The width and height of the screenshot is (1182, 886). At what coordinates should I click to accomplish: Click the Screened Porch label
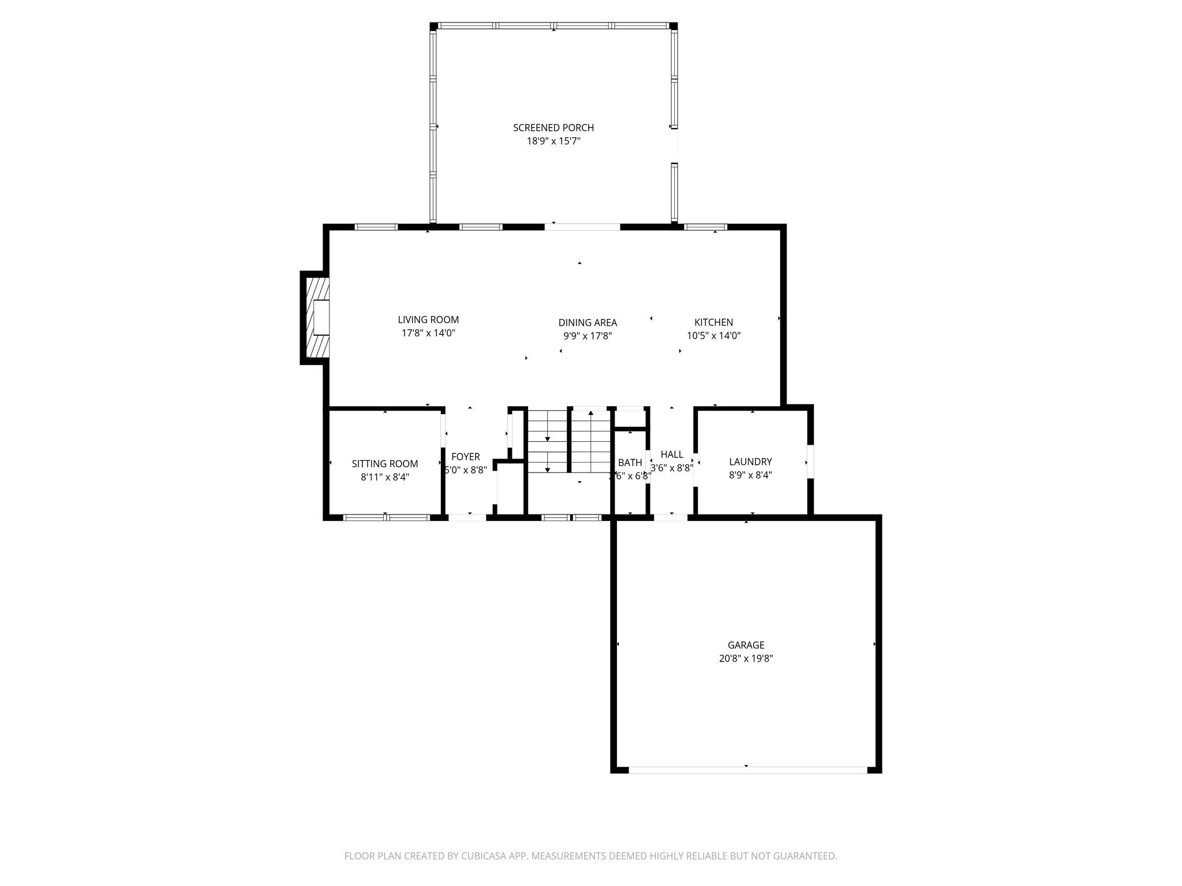553,127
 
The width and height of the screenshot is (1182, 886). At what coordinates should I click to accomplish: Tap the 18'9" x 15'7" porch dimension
553,141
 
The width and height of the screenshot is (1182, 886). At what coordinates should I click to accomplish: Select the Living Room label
428,320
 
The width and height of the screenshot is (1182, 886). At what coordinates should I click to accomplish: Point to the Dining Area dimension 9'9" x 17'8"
588,336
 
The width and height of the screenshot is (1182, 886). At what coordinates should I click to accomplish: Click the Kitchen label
713,322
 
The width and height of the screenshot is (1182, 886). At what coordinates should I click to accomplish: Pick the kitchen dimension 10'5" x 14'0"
713,335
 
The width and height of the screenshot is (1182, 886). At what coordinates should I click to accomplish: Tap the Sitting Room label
385,464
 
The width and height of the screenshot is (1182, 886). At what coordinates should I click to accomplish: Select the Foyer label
465,457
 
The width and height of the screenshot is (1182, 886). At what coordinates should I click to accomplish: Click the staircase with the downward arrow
547,441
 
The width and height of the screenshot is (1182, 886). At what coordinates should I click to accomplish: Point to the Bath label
630,463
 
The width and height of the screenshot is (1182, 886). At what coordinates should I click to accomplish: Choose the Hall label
672,455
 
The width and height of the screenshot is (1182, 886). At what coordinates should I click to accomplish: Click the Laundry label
750,461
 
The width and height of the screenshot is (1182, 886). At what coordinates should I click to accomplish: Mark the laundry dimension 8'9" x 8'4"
750,475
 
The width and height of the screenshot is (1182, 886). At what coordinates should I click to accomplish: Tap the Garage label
746,645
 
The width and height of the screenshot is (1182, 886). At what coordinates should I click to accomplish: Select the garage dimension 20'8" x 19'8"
746,658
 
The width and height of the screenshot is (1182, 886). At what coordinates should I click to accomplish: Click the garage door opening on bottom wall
747,769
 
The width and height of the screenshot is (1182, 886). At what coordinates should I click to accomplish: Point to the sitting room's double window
386,517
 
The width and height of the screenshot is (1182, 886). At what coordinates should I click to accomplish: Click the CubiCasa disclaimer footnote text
590,855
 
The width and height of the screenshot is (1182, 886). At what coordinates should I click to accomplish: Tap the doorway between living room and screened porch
582,227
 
